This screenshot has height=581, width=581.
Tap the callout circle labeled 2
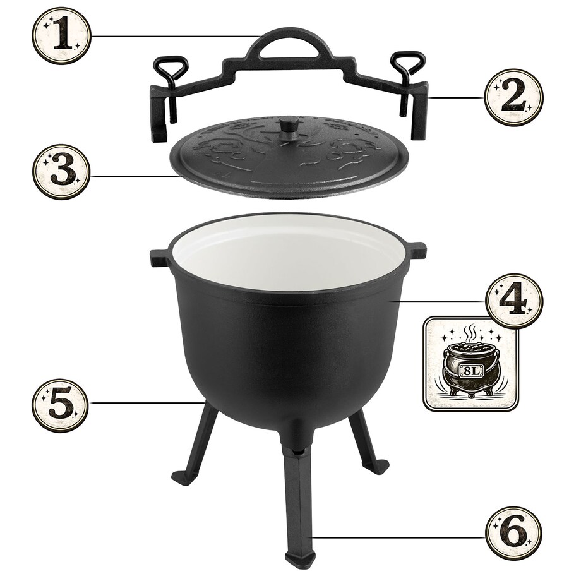tap(513, 98)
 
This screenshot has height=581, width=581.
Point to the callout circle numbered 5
tap(61, 404)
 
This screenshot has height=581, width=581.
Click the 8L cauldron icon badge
tap(471, 364)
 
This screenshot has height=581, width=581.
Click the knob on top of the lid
tap(290, 123)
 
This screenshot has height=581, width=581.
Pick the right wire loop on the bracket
tap(407, 63)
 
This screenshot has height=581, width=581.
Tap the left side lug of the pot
tap(159, 257)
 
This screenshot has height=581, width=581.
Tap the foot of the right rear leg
tap(376, 466)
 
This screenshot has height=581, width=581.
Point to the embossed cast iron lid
tap(290, 158)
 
